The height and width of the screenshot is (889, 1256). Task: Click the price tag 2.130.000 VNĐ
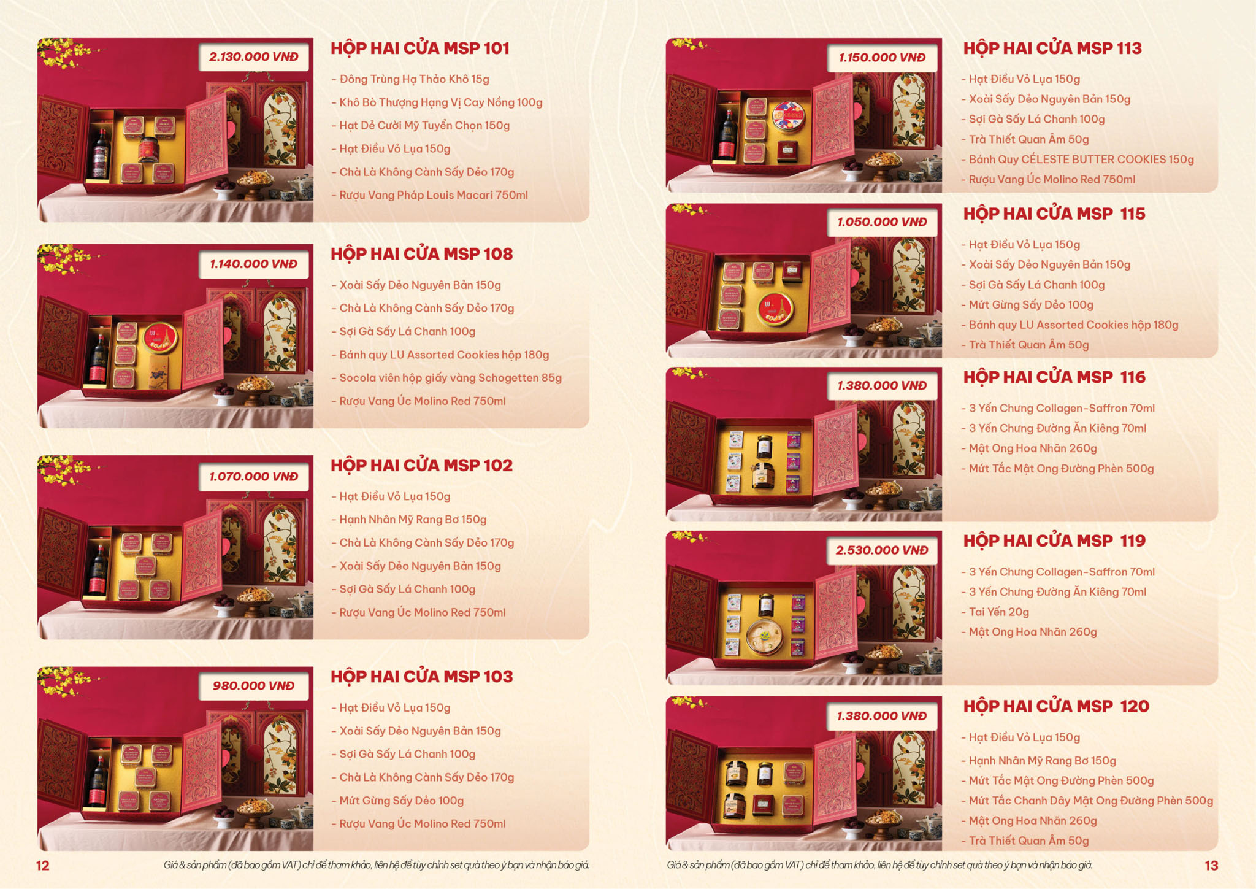tap(253, 57)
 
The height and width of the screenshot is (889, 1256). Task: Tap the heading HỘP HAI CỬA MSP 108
tap(421, 254)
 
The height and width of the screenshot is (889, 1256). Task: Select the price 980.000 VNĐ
tap(253, 686)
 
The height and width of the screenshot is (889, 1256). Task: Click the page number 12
tap(42, 866)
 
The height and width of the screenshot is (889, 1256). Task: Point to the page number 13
tap(1211, 866)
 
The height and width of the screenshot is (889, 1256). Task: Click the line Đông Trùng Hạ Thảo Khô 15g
tap(410, 79)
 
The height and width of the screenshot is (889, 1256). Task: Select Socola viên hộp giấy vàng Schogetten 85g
tap(446, 378)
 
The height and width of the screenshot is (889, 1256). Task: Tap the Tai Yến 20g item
tap(995, 612)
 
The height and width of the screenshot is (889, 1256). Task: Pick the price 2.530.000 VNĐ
tap(882, 550)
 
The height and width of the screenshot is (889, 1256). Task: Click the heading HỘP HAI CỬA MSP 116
tap(1054, 377)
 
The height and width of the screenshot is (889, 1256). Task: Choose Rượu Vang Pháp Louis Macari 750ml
tap(429, 195)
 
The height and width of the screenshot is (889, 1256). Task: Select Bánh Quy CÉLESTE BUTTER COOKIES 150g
tap(1078, 160)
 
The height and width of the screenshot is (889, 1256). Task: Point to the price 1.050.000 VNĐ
tap(882, 222)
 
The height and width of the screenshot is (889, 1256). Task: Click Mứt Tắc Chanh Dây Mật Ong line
tap(1087, 801)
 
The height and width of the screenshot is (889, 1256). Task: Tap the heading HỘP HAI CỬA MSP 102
tap(421, 466)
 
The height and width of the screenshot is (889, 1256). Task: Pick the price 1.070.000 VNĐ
tap(253, 477)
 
